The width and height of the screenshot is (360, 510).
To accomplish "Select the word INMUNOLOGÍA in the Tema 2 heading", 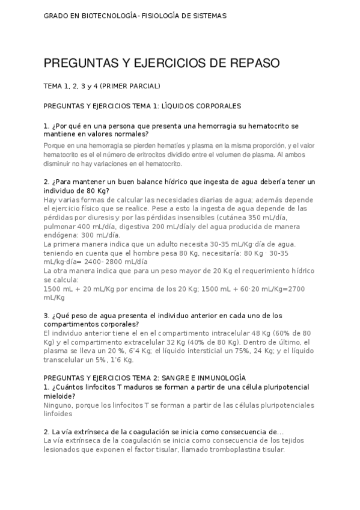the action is pos(216,377).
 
